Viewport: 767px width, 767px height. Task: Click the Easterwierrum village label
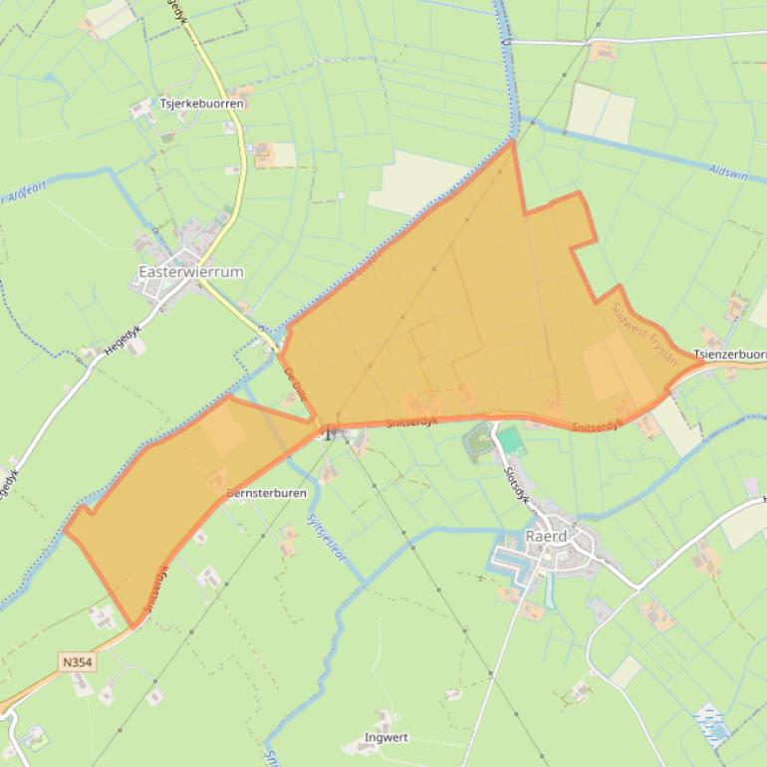point(190,272)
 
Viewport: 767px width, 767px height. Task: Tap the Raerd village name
point(545,536)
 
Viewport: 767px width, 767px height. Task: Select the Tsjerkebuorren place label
point(200,103)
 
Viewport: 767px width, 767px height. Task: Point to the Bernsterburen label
point(266,493)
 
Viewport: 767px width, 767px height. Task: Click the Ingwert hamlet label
point(386,738)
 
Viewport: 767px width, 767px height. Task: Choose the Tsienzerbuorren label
point(730,355)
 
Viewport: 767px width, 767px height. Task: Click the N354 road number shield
point(73,662)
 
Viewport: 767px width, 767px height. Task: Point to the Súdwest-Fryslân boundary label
point(645,334)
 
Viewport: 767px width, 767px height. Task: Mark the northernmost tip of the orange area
point(513,141)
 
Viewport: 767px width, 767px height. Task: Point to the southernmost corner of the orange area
point(133,626)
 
